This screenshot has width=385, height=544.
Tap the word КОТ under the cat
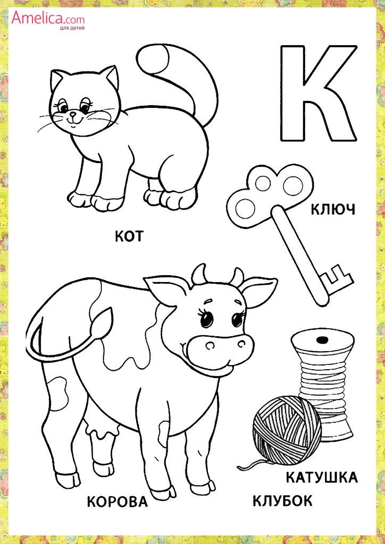129,236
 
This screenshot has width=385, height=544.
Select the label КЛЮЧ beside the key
332,209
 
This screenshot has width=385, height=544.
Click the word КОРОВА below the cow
117,501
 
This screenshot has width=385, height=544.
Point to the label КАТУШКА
322,478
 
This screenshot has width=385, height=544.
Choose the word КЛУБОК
282,501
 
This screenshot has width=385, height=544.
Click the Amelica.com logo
48,18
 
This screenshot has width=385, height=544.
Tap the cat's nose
72,114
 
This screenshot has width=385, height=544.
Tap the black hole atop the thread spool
322,338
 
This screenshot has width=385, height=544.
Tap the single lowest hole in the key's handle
245,208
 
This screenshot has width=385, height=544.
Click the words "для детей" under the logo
71,28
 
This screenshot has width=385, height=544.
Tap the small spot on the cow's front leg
163,433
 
